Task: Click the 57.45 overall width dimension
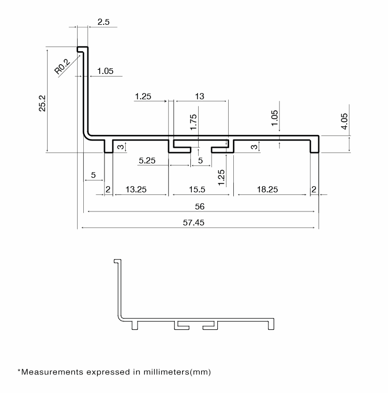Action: (193, 222)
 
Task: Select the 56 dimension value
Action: (200, 206)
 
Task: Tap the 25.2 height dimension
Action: (42, 103)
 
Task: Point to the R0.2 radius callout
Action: (62, 66)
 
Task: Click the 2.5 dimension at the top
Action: (103, 22)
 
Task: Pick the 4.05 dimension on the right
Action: (345, 122)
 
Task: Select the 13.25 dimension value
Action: (136, 189)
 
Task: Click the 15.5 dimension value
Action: (197, 189)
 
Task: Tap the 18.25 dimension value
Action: (267, 189)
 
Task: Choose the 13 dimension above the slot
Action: (200, 96)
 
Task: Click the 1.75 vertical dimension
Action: (193, 123)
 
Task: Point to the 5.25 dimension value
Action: (147, 160)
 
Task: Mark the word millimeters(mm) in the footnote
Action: (177, 372)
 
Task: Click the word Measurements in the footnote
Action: (52, 372)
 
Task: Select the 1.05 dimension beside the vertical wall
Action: (106, 71)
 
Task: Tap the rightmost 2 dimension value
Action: (314, 189)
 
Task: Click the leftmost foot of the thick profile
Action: (109, 146)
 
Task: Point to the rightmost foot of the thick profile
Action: (315, 146)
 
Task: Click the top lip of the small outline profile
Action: (117, 261)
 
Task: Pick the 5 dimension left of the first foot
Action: (93, 175)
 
